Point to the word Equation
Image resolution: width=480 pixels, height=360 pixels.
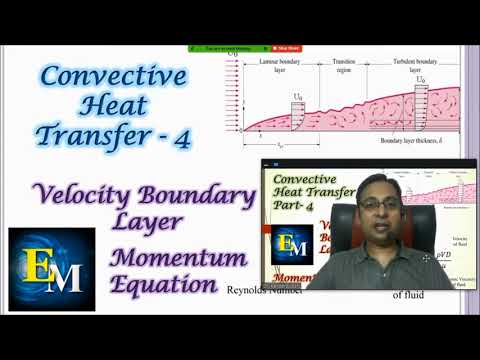(164, 284)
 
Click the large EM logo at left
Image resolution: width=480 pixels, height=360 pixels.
(51, 268)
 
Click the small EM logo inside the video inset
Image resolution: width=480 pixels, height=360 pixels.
(290, 244)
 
